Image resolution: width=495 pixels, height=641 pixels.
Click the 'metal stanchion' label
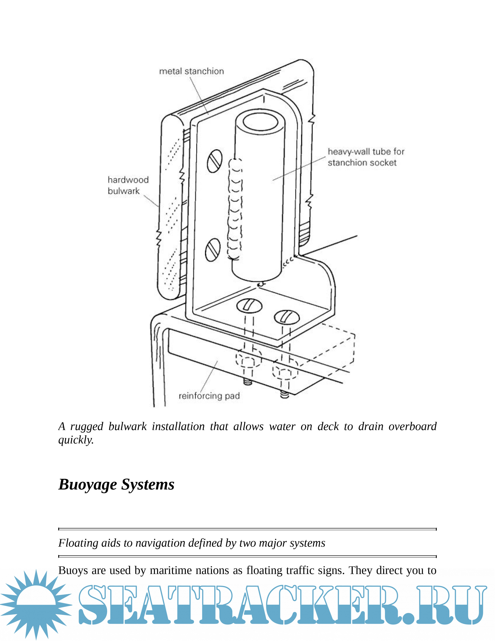[191, 71]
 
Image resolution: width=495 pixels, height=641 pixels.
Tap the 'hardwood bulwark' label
[128, 185]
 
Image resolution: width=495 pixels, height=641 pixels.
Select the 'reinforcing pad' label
[209, 396]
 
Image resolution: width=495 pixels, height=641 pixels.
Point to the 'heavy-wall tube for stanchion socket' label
[366, 157]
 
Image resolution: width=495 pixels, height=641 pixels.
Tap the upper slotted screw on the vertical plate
[215, 161]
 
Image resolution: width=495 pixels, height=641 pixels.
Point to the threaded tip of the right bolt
[284, 395]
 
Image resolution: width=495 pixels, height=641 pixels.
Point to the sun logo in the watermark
[36, 605]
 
